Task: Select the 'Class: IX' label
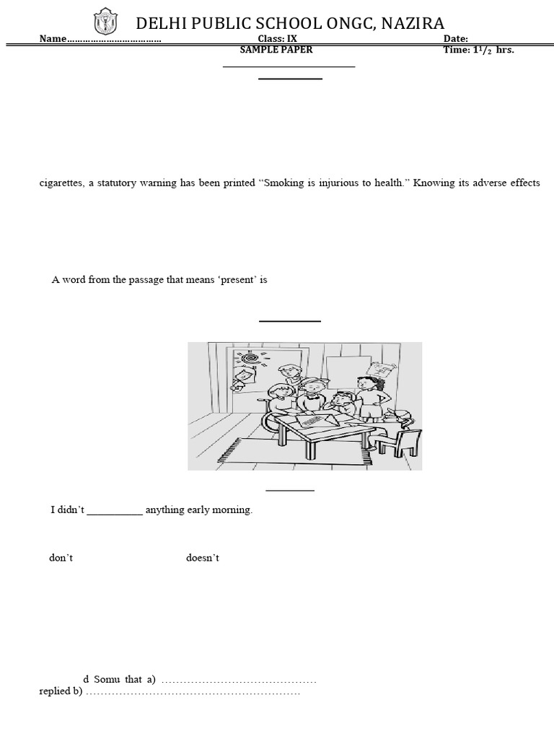pos(277,39)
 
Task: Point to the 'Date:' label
pos(455,39)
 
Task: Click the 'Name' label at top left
pos(53,39)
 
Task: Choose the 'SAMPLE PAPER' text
pos(276,50)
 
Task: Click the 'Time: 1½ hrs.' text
pos(478,50)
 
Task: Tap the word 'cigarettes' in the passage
pos(61,183)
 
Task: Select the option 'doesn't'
pos(202,559)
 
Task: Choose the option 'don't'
pos(61,559)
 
